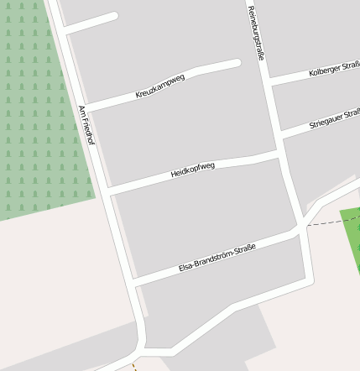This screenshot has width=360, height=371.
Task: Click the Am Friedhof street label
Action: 86,125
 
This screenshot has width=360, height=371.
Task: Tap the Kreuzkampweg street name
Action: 159,86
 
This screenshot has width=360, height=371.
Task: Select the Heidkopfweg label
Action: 192,170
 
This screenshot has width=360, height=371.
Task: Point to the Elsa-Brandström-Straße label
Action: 217,258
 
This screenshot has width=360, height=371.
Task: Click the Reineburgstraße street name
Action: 255,34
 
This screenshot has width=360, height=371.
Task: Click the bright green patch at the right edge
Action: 352,239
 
